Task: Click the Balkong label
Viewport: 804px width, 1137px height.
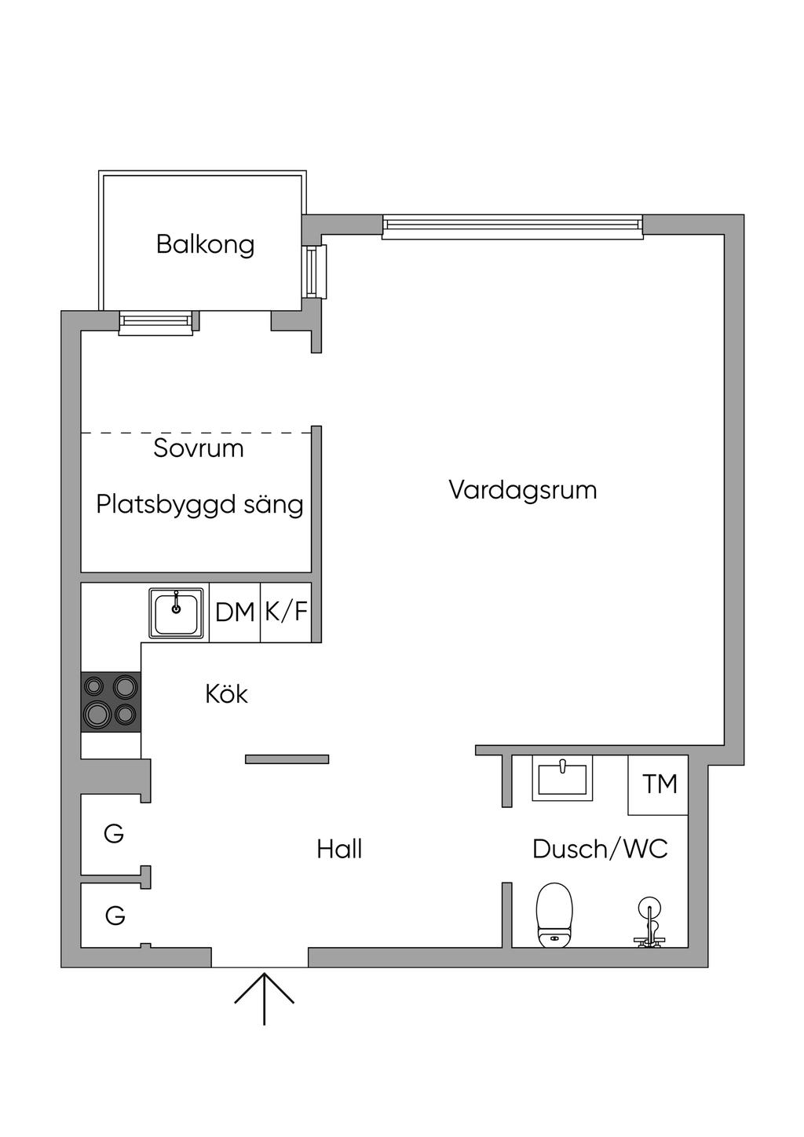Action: coord(205,245)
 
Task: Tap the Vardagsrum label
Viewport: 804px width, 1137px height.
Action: coord(523,490)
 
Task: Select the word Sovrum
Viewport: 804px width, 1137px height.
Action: coord(199,448)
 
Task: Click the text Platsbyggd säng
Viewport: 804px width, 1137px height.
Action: coord(199,505)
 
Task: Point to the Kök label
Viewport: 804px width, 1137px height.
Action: coord(226,693)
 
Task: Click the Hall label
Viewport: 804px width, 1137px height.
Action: coord(339,849)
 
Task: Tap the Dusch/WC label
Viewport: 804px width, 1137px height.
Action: coord(600,849)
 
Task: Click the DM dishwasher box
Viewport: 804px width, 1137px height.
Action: coord(235,612)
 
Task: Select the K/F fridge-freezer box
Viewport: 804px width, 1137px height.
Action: coord(286,612)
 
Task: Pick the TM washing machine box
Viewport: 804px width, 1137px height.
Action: coord(658,784)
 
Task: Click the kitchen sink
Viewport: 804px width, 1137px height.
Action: coord(176,613)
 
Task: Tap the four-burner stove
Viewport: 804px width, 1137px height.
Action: coord(111,702)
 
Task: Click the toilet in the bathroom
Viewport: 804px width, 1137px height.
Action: coord(554,915)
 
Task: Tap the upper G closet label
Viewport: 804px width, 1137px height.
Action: coord(114,833)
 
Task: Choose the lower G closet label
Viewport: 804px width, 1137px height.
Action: coord(115,916)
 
